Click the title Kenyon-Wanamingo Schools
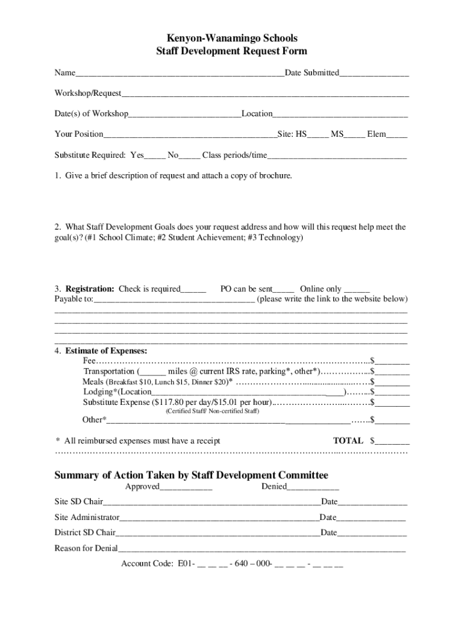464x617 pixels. tap(231, 39)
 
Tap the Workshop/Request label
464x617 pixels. tap(88, 93)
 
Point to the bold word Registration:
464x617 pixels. tap(90, 289)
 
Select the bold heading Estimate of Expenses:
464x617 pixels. tap(106, 351)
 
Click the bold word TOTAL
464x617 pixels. tap(348, 440)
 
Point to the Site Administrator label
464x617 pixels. tap(87, 517)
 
